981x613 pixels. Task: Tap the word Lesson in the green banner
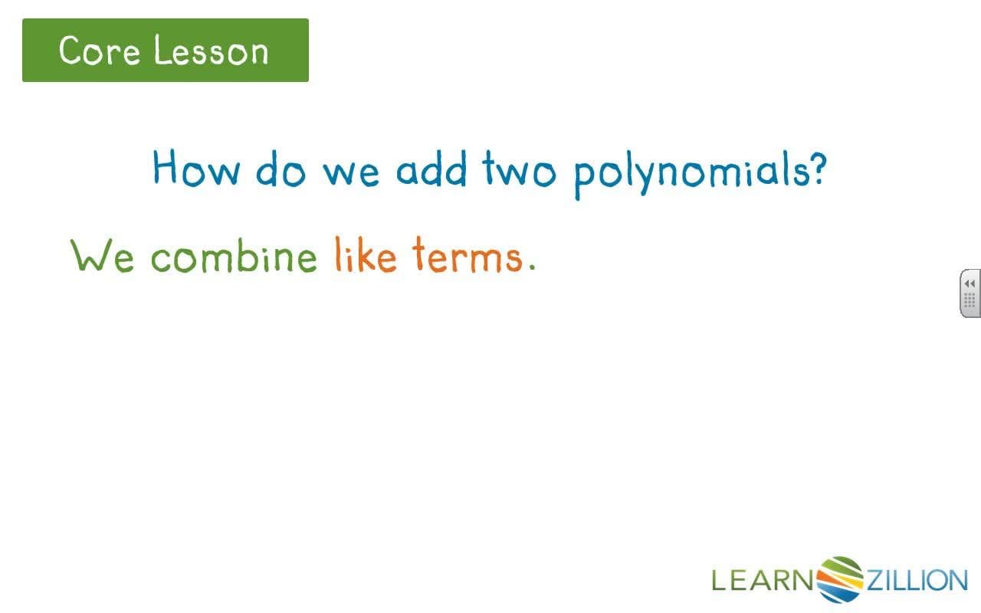pyautogui.click(x=211, y=51)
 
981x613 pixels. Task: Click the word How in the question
pyautogui.click(x=195, y=169)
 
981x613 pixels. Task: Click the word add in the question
pyautogui.click(x=431, y=169)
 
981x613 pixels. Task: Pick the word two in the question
pyautogui.click(x=519, y=170)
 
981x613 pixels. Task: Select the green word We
pyautogui.click(x=103, y=255)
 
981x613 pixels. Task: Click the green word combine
pyautogui.click(x=233, y=255)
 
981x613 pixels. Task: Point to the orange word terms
pyautogui.click(x=467, y=255)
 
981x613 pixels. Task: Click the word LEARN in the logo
pyautogui.click(x=761, y=580)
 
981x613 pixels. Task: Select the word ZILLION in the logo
pyautogui.click(x=917, y=580)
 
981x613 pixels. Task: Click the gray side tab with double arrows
pyautogui.click(x=970, y=293)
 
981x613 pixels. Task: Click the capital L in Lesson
pyautogui.click(x=160, y=51)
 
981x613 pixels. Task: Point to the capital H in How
pyautogui.click(x=167, y=168)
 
